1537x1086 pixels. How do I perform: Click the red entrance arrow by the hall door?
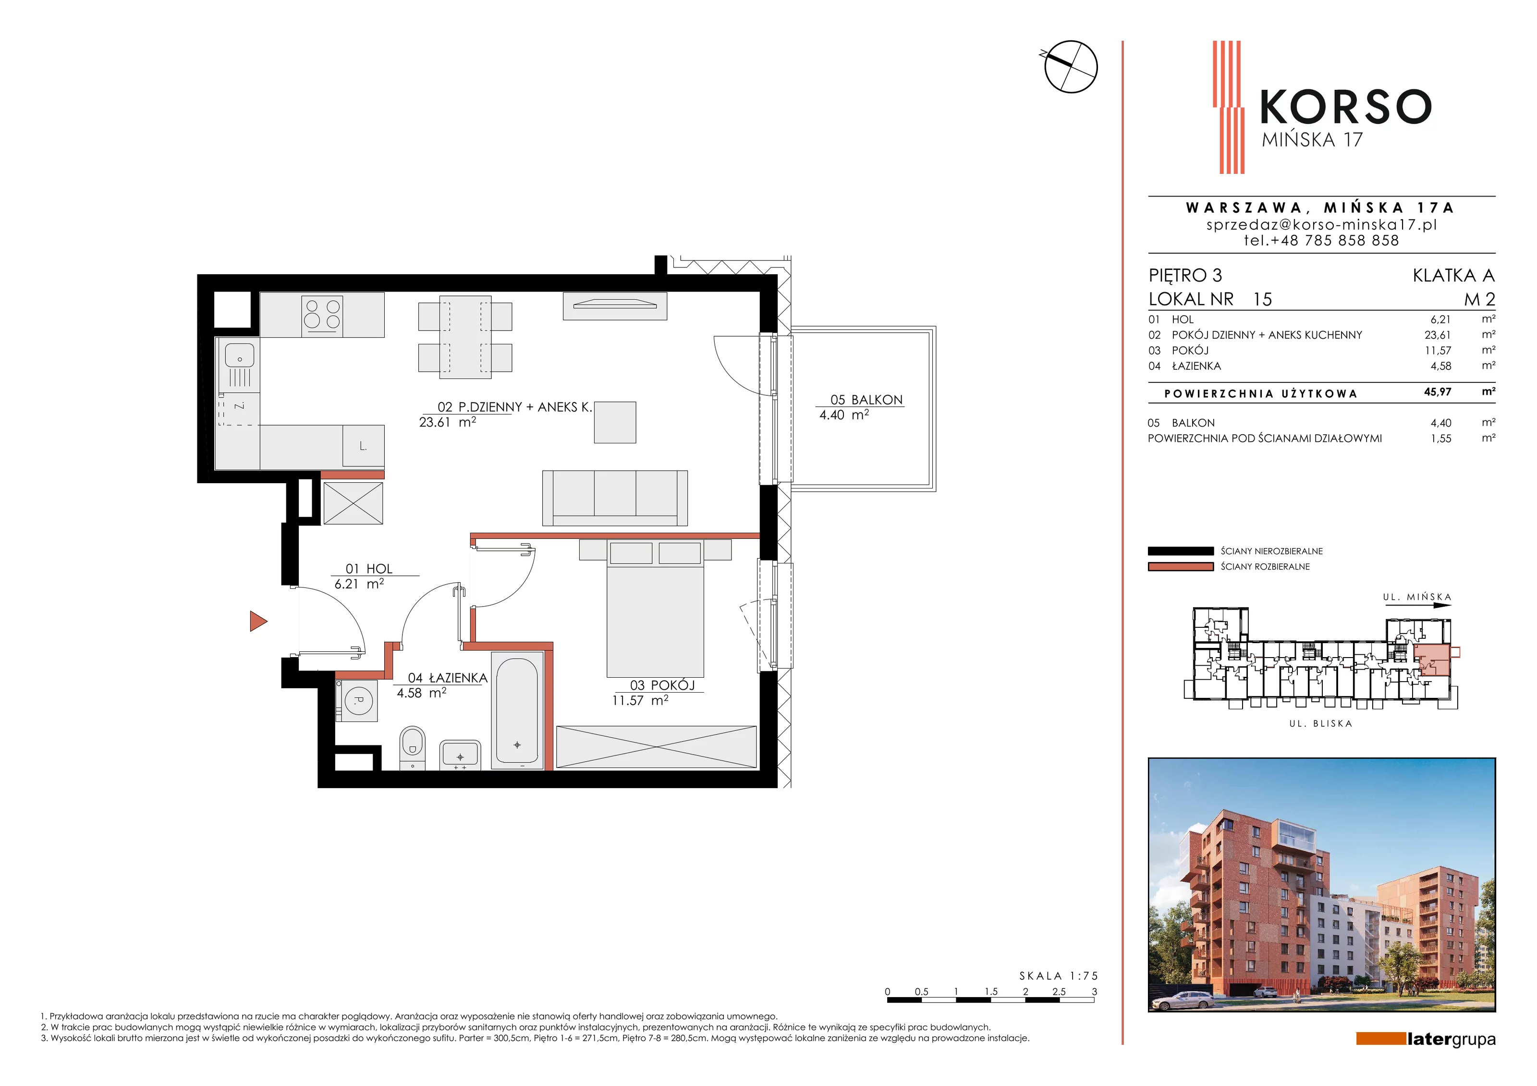[258, 622]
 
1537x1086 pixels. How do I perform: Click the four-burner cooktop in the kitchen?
[322, 314]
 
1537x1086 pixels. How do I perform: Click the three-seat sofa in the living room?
[614, 498]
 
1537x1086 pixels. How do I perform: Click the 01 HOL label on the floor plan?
[369, 568]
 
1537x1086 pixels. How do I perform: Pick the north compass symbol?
[1070, 66]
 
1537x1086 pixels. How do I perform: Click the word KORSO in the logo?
[1345, 107]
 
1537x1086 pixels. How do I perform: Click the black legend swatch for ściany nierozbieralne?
[1180, 551]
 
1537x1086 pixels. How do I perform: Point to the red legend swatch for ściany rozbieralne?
[1180, 566]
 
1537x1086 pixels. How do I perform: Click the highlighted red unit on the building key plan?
[1431, 658]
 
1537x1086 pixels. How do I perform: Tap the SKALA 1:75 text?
[1058, 976]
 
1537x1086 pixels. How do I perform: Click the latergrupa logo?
[1426, 1039]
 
